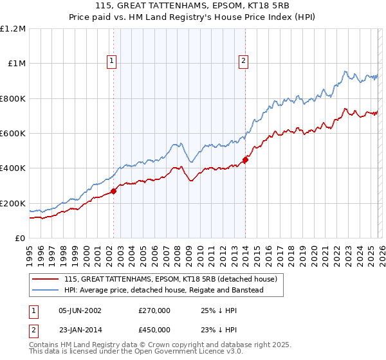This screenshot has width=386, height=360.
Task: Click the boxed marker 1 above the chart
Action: coord(112,61)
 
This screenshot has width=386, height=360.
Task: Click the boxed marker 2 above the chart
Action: coord(244,61)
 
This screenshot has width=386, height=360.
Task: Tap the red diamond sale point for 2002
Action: coord(114,191)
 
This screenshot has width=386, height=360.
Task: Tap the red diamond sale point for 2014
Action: coord(246,160)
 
